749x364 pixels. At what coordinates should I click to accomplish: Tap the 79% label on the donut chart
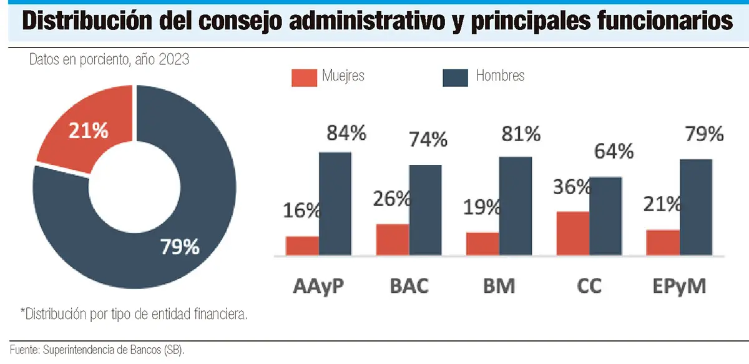coord(180,247)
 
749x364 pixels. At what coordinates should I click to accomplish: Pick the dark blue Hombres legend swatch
coord(455,77)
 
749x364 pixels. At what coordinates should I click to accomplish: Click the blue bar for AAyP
coord(335,203)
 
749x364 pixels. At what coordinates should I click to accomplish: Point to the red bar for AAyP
coord(302,245)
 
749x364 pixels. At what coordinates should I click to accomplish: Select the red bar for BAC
coord(393,239)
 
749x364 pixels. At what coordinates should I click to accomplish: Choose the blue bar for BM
coord(516,205)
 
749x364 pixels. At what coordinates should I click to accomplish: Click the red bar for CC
coord(572,233)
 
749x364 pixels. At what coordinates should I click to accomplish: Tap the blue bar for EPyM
coord(695,207)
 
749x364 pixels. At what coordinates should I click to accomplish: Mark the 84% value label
coord(346,134)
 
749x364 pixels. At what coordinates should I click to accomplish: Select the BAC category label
coord(409,287)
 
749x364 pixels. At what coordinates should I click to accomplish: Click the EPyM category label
coord(679,287)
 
